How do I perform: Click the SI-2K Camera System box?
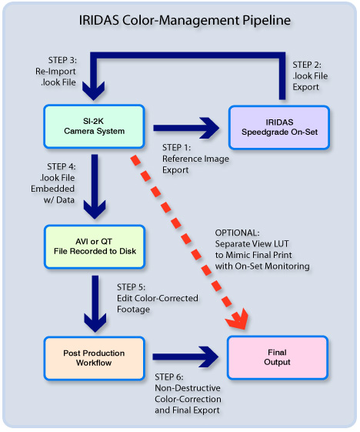tap(94, 126)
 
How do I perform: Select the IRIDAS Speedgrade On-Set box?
tap(279, 128)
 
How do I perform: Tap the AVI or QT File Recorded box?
tap(95, 247)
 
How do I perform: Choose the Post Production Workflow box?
tap(94, 358)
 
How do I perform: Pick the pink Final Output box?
tap(278, 357)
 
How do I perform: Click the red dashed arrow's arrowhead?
tap(238, 320)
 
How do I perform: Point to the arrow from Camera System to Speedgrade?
tap(186, 128)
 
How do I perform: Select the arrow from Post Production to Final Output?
tap(185, 357)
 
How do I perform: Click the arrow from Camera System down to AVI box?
tap(95, 187)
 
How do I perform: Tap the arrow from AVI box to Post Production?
tap(95, 304)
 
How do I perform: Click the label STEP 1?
tap(176, 148)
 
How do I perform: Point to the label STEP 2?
tap(307, 65)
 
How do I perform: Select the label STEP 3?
tap(62, 60)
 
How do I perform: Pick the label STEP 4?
tap(62, 166)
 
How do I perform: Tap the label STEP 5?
tap(132, 287)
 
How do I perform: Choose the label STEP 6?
tap(169, 377)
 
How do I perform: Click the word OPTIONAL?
tap(237, 233)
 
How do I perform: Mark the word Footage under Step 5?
tap(134, 310)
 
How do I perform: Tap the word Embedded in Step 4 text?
tap(52, 189)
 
